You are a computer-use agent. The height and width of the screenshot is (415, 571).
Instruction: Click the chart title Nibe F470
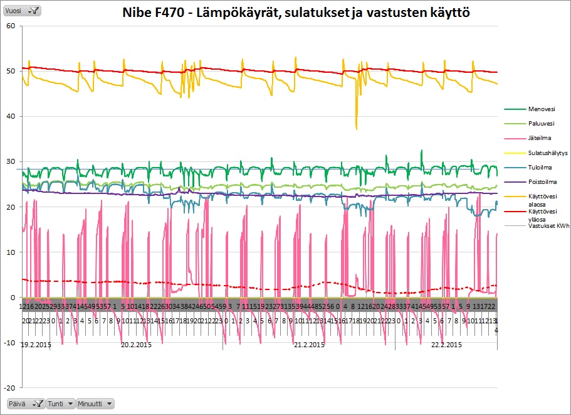point(296,12)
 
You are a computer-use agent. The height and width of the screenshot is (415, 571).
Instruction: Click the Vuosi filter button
point(23,10)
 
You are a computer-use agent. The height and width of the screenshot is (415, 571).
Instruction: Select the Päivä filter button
point(25,403)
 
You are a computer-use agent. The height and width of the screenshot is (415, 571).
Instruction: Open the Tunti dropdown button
point(61,403)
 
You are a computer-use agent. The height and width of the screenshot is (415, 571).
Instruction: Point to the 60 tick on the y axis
point(10,26)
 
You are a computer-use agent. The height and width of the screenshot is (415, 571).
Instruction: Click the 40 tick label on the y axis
point(10,116)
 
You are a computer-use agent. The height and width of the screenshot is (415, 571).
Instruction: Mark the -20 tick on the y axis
point(9,387)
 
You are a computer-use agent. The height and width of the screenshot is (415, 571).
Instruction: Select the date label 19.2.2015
point(36,345)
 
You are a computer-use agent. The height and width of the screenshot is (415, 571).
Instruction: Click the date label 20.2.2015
point(136,345)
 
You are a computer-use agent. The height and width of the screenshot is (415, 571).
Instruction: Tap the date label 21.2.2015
point(309,345)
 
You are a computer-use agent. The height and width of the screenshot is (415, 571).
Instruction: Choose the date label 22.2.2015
point(446,345)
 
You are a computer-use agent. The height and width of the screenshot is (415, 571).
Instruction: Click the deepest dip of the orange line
point(357,129)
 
